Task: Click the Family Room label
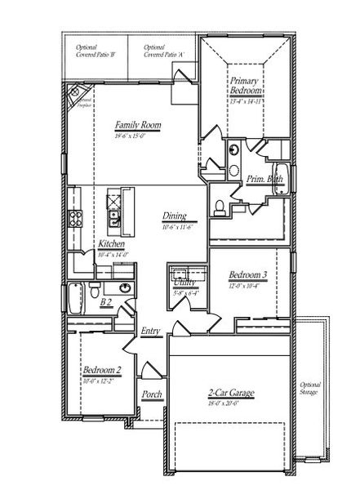(x=137, y=126)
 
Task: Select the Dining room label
(x=174, y=216)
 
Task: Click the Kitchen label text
(x=112, y=244)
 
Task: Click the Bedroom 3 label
(x=245, y=274)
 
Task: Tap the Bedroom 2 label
(x=102, y=370)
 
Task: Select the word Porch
(x=151, y=394)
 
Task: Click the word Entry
(x=150, y=331)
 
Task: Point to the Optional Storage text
(x=310, y=388)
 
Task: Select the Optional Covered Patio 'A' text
(x=161, y=51)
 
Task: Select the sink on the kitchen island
(x=114, y=219)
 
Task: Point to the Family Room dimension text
(x=131, y=136)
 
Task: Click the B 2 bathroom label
(x=105, y=303)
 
